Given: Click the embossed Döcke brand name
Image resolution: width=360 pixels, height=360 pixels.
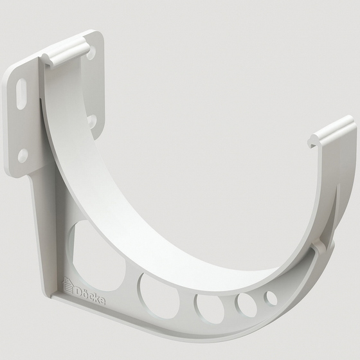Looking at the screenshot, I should (86, 287).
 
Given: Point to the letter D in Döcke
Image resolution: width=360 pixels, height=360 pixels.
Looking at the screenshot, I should (76, 284).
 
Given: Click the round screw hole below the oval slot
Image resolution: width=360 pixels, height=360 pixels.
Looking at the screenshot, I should (23, 154).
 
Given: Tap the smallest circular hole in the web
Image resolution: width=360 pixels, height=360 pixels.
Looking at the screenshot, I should (271, 298).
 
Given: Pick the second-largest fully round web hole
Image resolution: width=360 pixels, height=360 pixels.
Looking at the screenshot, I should (210, 307).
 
